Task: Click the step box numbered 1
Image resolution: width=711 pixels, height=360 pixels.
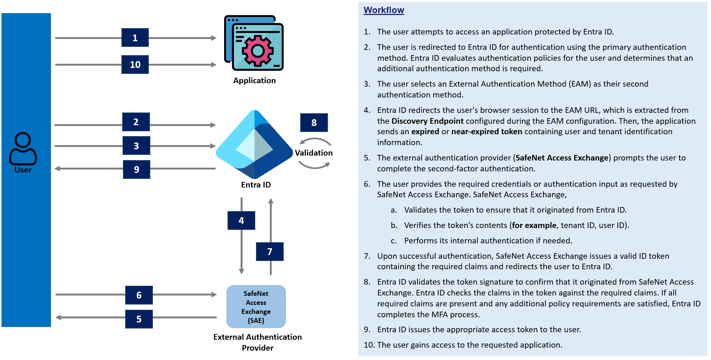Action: (135, 37)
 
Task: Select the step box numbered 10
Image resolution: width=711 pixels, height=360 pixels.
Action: (135, 64)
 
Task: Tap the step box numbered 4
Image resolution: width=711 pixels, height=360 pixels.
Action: (241, 220)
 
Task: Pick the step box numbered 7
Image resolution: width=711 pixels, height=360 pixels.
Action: (269, 252)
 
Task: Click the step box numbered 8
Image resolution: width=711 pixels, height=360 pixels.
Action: (314, 123)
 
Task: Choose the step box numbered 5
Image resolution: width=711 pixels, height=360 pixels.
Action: (139, 319)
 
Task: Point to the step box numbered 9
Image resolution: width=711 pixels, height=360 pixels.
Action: (136, 169)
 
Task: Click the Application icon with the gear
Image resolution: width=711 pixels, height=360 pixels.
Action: (254, 43)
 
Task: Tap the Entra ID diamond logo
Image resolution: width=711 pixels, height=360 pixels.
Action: (254, 144)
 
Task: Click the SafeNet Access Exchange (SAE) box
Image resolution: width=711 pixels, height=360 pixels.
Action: (256, 307)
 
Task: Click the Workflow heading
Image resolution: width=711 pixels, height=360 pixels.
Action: (384, 10)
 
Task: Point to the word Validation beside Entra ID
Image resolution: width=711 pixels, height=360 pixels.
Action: (314, 153)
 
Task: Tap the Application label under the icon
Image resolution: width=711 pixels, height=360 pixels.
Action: (254, 81)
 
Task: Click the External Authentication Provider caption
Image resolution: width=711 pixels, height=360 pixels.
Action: (257, 342)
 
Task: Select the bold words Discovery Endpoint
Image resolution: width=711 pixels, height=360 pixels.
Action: (427, 121)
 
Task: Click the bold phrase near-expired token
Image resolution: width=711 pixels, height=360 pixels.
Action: (486, 132)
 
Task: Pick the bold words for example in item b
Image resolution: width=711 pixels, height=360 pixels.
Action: (534, 225)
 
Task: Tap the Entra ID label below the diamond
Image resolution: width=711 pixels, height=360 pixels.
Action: (256, 185)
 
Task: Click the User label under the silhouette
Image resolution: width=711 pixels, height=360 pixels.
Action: (23, 170)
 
